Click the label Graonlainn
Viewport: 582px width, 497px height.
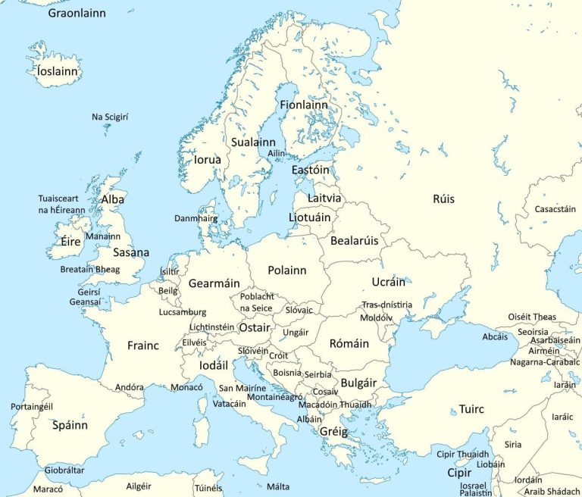(x=77, y=13)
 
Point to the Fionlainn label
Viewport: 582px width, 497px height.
(x=304, y=105)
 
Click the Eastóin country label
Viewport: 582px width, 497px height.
(x=311, y=170)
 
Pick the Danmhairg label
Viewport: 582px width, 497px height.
(x=196, y=218)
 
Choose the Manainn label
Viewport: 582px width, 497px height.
(x=103, y=236)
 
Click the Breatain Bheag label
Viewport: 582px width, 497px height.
(x=90, y=269)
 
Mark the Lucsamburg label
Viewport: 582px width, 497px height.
(x=183, y=312)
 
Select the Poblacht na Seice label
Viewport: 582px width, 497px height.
(x=257, y=302)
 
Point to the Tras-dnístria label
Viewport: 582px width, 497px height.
(x=386, y=305)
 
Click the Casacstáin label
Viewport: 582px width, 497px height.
(x=555, y=209)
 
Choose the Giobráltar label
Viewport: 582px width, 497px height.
(x=64, y=470)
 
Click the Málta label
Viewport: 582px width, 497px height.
(x=278, y=486)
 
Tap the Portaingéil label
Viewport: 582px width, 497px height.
(x=32, y=407)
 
